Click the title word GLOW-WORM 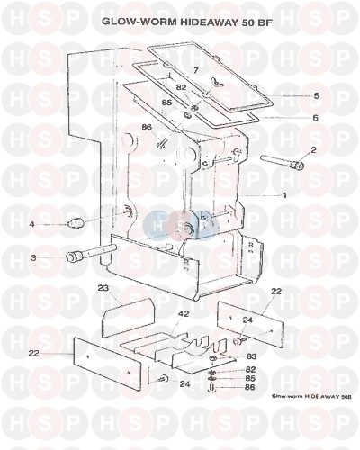[x=139, y=22]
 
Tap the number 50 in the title [x=247, y=22]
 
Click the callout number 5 [x=316, y=96]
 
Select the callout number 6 [x=315, y=118]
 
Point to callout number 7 [x=195, y=71]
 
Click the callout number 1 [x=284, y=195]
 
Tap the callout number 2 [x=313, y=150]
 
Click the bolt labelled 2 [x=282, y=162]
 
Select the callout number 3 [x=33, y=257]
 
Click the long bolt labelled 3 [x=91, y=253]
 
